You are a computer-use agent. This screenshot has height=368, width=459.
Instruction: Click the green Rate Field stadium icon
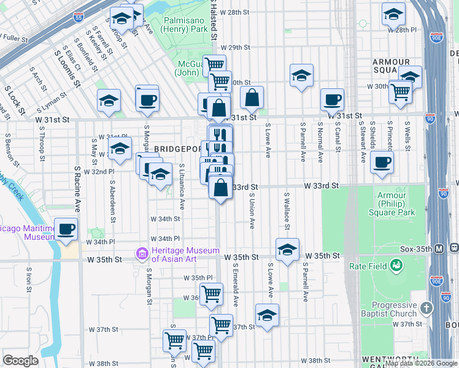(x=397, y=265)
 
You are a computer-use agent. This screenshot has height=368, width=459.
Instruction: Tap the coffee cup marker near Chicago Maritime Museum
(x=66, y=229)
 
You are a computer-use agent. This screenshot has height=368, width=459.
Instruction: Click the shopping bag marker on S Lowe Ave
(x=252, y=98)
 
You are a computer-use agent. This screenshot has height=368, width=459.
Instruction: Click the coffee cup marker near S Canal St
(x=333, y=100)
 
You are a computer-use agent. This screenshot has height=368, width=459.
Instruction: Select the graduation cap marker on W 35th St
(x=287, y=250)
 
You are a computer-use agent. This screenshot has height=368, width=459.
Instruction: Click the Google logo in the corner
(x=20, y=360)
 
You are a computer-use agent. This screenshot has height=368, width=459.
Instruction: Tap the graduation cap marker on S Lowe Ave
(x=267, y=315)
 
